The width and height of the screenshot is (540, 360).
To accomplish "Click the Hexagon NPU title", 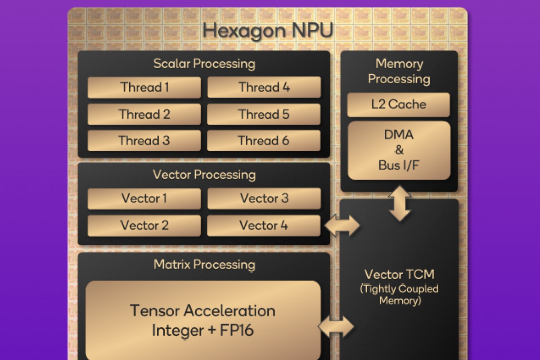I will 268,31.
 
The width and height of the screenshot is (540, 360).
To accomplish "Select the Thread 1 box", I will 144,87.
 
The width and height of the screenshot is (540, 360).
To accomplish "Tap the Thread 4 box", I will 264,87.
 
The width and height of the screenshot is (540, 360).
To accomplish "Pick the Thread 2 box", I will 144,114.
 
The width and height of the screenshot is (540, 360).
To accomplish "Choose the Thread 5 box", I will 264,114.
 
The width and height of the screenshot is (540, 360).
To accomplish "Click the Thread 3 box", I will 144,141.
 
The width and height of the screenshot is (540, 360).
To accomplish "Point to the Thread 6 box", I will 264,141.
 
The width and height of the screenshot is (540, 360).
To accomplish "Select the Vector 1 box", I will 144,198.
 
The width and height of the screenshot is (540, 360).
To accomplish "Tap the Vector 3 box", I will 264,198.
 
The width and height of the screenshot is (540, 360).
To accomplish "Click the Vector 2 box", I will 144,225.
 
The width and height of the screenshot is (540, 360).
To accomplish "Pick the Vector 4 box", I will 264,225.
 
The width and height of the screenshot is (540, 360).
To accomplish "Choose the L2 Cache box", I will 399,105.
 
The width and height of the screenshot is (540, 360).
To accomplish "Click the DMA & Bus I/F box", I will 399,150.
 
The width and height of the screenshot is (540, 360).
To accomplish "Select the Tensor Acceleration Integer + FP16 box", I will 203,320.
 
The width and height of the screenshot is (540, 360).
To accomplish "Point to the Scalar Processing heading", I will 204,63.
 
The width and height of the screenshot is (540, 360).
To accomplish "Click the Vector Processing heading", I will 204,175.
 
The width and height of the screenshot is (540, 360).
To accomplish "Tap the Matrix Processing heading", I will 204,264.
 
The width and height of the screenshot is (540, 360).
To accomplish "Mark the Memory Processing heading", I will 399,71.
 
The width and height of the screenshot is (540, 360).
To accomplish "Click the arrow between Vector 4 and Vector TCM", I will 342,225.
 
